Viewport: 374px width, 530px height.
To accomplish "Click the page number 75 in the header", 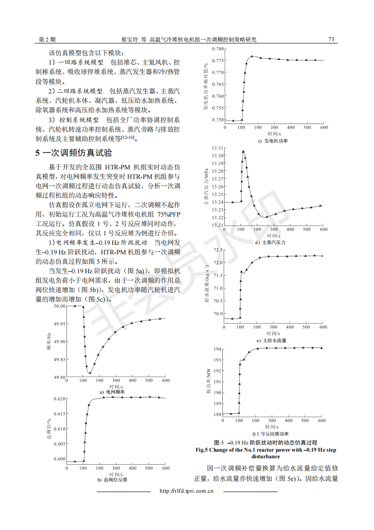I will click(x=331, y=40).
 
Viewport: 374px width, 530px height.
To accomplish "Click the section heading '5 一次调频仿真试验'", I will click(x=74, y=153).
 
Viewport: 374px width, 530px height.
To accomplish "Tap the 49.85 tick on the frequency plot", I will click(x=59, y=360).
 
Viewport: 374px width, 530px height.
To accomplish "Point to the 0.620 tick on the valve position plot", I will click(x=59, y=399).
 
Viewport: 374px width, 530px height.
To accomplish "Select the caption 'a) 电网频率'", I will click(x=112, y=392).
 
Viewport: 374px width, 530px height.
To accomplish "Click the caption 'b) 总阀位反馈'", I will click(x=112, y=480).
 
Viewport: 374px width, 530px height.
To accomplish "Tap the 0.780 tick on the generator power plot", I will click(x=217, y=49).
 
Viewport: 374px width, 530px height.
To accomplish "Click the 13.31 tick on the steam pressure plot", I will click(x=217, y=148).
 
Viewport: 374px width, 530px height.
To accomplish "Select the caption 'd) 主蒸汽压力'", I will click(x=270, y=242).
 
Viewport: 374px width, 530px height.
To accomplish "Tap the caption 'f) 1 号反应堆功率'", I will click(x=271, y=434).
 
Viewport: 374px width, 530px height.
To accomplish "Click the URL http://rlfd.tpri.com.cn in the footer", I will click(x=187, y=491).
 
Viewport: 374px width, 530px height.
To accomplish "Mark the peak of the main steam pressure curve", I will click(x=244, y=151).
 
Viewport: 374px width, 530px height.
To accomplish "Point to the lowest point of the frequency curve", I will click(x=89, y=373).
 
